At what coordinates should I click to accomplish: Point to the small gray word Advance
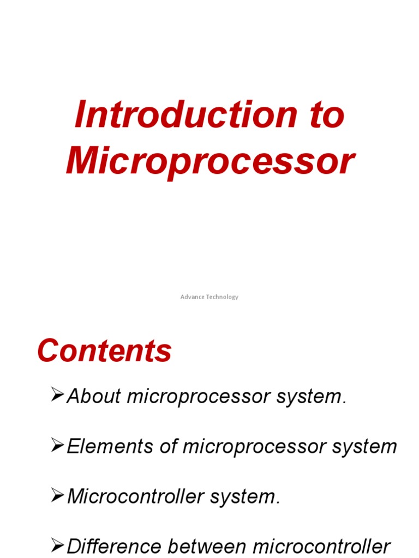[x=193, y=297]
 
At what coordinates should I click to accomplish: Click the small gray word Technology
[x=223, y=297]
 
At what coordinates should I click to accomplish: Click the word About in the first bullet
[x=93, y=397]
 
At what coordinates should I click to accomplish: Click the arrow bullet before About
[x=57, y=395]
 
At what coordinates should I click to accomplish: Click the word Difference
[x=113, y=547]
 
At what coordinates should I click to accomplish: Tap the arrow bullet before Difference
[x=57, y=545]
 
